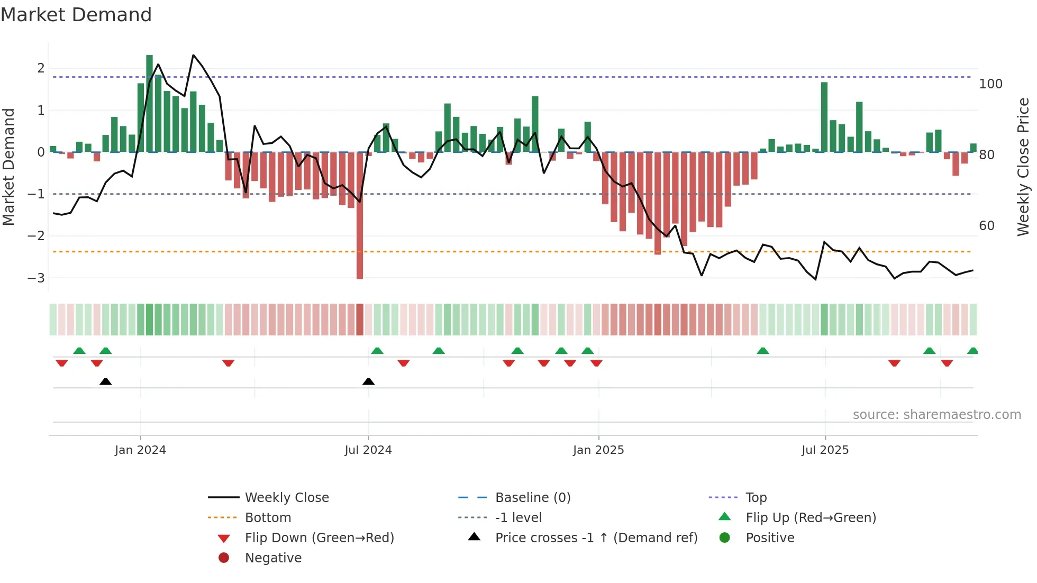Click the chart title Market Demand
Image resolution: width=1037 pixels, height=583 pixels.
point(76,15)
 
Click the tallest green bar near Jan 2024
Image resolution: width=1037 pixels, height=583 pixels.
point(149,103)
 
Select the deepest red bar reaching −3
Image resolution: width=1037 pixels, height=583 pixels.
point(360,217)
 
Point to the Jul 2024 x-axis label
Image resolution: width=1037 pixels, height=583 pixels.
point(368,450)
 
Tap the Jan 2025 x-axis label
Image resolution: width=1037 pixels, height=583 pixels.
point(598,450)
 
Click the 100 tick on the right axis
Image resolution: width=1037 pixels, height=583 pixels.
point(990,84)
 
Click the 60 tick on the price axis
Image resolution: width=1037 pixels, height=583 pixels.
point(987,226)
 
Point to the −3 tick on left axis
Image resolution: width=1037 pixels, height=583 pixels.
point(36,278)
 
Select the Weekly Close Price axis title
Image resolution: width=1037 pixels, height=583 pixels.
point(1023,167)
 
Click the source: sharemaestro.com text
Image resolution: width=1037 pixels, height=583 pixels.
point(936,415)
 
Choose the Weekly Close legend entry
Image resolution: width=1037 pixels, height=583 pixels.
point(286,498)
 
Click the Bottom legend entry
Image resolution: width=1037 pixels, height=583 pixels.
point(268,518)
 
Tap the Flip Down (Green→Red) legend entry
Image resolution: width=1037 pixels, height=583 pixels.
point(319,538)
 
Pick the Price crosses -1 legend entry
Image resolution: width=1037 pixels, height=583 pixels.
point(596,538)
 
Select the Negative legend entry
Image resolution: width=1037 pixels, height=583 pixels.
point(273,558)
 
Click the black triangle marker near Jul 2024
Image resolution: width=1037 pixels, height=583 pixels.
point(368,382)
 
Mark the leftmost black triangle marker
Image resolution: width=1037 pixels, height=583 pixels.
point(105,382)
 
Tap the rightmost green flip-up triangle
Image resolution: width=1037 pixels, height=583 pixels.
point(972,351)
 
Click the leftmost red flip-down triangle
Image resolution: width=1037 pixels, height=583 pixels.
point(61,363)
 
